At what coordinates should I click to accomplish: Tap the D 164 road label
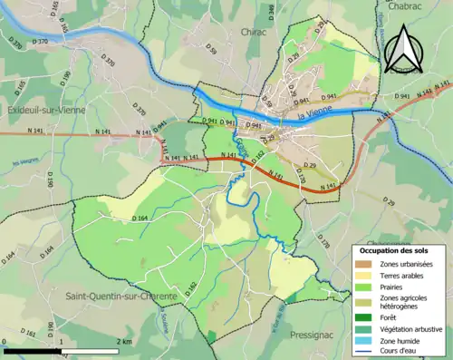(x=140, y=219)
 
